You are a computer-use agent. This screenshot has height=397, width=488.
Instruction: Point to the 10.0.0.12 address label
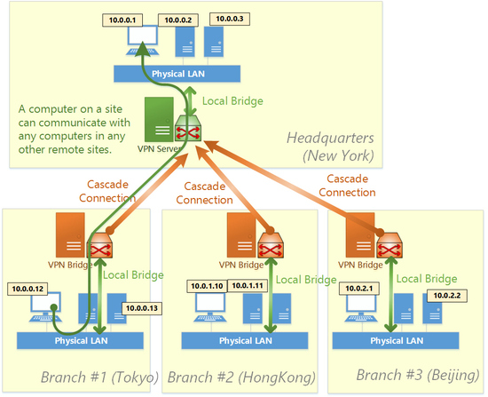point(28,289)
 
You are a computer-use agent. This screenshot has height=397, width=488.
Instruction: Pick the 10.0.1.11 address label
point(248,285)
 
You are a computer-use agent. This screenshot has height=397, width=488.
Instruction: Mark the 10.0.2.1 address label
point(358,287)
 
